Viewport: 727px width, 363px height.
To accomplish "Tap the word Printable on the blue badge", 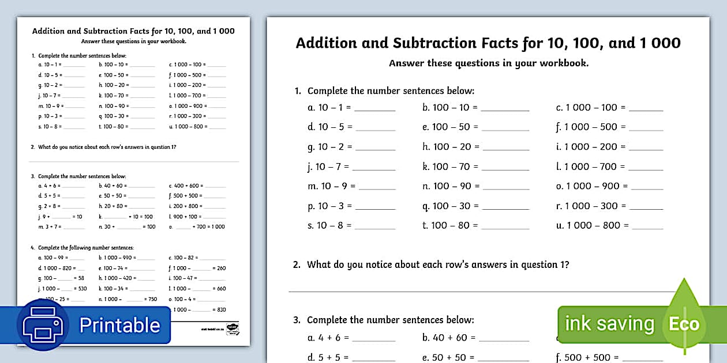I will tap(119, 325).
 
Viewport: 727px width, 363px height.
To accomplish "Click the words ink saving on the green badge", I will tap(609, 324).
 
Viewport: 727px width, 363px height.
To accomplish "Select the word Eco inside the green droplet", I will tap(684, 324).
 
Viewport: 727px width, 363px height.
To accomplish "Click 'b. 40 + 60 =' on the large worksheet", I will tap(449, 338).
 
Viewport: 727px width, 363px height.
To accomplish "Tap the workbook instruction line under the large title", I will tap(489, 63).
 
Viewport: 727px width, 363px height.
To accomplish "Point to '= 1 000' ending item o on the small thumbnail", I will tap(217, 227).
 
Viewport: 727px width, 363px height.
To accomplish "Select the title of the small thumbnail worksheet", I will tap(133, 31).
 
